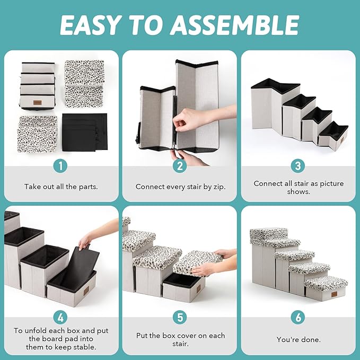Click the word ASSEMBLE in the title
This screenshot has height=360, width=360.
[235, 25]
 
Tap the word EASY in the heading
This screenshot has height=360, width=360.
[90, 25]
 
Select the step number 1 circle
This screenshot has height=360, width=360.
[60, 166]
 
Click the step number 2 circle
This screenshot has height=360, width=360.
[180, 166]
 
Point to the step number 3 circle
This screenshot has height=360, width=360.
[298, 166]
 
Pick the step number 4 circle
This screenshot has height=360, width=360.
[60, 318]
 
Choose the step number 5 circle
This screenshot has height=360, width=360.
[180, 317]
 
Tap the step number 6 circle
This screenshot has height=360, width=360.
[298, 317]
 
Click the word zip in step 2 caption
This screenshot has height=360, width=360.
[219, 187]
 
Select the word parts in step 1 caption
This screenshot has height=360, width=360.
[88, 187]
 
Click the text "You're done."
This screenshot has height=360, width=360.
[298, 339]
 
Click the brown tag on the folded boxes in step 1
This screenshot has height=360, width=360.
[38, 103]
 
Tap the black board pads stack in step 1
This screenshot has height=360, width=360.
[85, 132]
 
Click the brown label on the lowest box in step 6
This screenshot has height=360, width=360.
[334, 294]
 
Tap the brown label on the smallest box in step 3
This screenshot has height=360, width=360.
[342, 140]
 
